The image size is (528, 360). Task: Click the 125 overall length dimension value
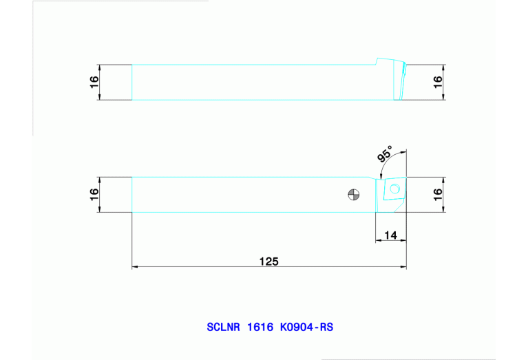tap(268, 261)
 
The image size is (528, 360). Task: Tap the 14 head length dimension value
tap(390, 235)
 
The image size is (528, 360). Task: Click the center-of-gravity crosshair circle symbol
tap(353, 195)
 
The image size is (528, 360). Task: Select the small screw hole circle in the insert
tap(394, 189)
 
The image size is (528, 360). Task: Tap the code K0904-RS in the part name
tap(306, 328)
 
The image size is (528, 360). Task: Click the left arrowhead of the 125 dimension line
tap(135, 266)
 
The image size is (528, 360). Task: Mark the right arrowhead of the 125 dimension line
tap(403, 266)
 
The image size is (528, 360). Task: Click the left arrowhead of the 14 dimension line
tap(378, 241)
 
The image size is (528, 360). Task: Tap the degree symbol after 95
tap(390, 147)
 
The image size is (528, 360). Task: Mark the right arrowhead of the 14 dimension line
tap(403, 241)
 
